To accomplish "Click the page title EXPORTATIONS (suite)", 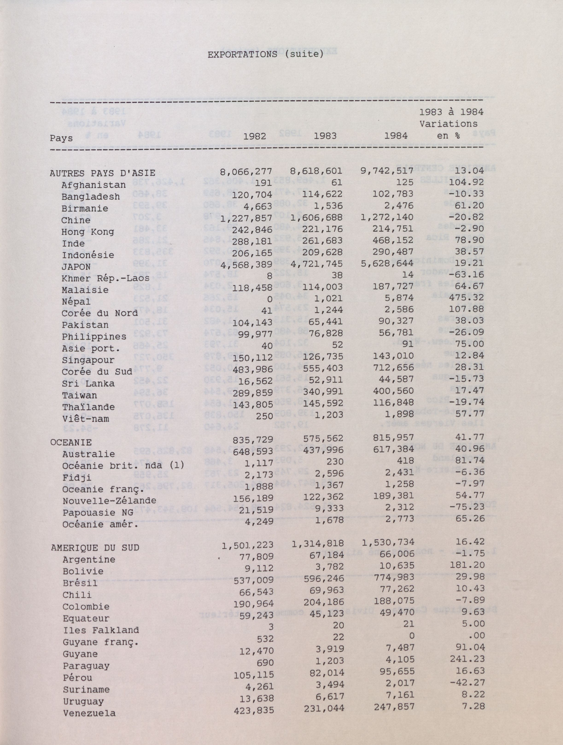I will (265, 54).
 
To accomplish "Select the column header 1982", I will (255, 136).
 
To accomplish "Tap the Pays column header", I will (61, 138).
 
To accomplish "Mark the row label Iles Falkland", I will (101, 630).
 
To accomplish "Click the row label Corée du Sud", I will (97, 372).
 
